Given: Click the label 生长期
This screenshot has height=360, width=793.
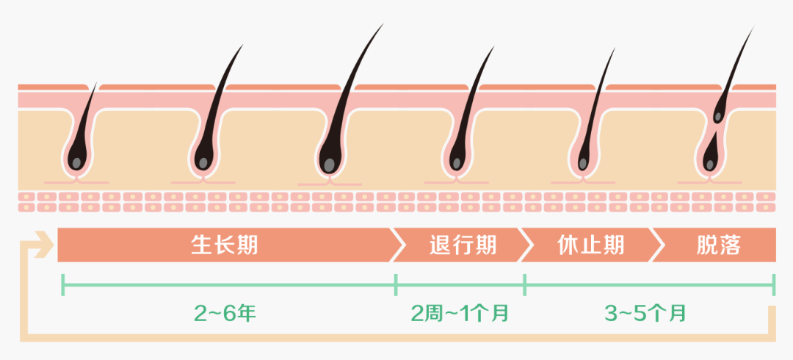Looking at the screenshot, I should [225, 245].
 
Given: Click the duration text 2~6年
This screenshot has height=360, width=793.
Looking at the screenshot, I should [225, 313].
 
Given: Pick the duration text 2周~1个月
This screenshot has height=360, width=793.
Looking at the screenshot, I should [460, 313].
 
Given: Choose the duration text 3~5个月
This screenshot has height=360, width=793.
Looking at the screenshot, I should [646, 313].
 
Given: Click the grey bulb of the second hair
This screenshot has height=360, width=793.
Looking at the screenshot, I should [202, 162].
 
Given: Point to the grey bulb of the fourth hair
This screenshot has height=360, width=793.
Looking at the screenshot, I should [457, 162].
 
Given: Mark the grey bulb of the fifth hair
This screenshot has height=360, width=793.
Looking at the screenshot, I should [583, 162].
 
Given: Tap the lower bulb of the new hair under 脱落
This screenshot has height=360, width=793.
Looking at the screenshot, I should [711, 162].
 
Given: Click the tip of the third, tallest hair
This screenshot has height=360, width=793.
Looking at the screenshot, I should [383, 25].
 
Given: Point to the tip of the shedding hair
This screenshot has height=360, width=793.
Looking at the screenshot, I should [753, 28].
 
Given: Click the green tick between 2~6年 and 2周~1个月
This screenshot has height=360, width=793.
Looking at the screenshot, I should [396, 284].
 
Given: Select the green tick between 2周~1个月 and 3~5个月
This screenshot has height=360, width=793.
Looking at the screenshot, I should [524, 284].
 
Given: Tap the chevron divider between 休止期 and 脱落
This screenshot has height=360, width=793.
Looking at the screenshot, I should [657, 245].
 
